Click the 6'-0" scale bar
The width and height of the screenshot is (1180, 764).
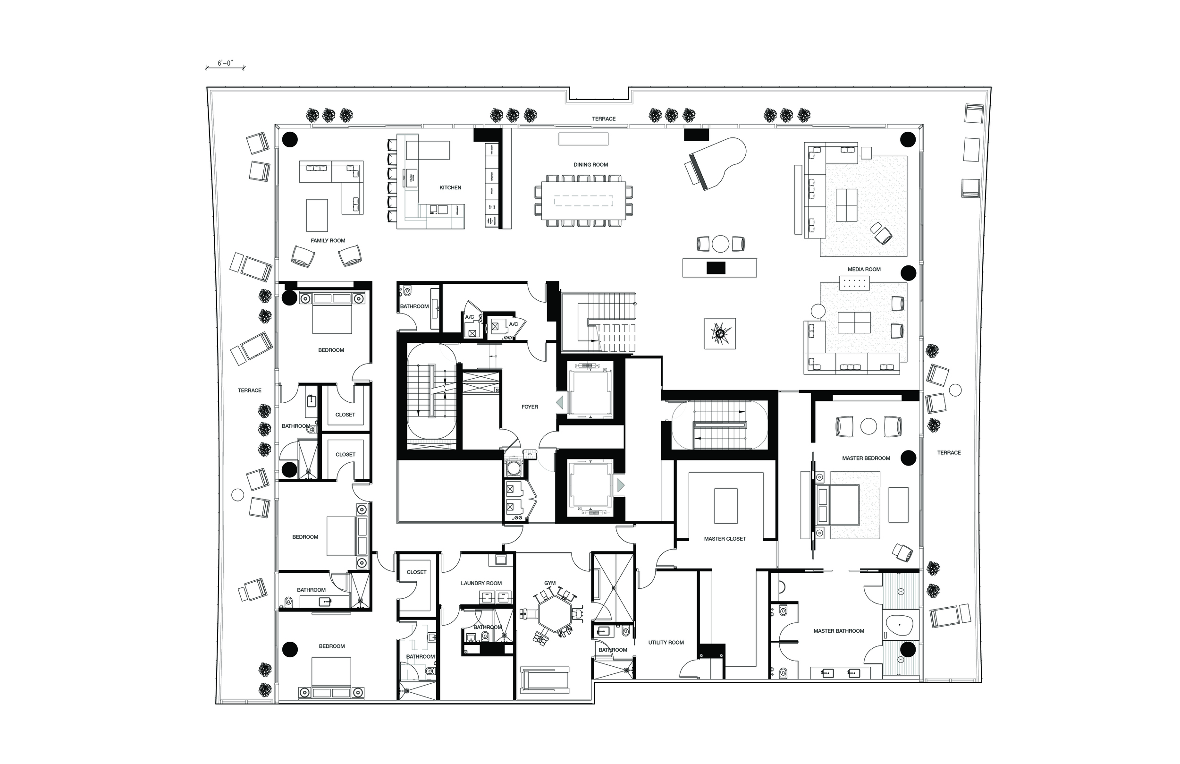coord(225,67)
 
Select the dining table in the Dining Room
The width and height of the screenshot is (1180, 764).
coord(583,200)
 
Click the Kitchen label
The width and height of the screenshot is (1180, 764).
coord(450,187)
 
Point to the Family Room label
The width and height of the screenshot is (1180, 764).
coord(328,241)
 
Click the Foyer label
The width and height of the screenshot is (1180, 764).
coord(530,407)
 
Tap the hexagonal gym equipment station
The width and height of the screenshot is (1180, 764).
coord(551,613)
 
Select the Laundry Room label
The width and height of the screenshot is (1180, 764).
coord(481,584)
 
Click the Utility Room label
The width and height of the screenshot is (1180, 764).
coord(666,643)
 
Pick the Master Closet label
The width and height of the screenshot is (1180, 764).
coord(725,539)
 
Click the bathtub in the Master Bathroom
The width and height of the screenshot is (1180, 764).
coord(899,626)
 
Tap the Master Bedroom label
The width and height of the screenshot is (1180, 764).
coord(866,458)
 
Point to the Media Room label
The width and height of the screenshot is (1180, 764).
coord(864,270)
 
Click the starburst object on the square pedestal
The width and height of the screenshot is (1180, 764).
coord(720,333)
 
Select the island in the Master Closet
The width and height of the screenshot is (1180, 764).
coord(725,506)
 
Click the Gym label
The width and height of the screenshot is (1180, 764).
coord(550,584)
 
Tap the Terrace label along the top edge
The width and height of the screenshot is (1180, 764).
coord(603,119)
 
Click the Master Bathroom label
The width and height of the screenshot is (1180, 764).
coord(838,631)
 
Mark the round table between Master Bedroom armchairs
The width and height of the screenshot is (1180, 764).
coord(868,426)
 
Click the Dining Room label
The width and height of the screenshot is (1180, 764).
coord(590,165)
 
